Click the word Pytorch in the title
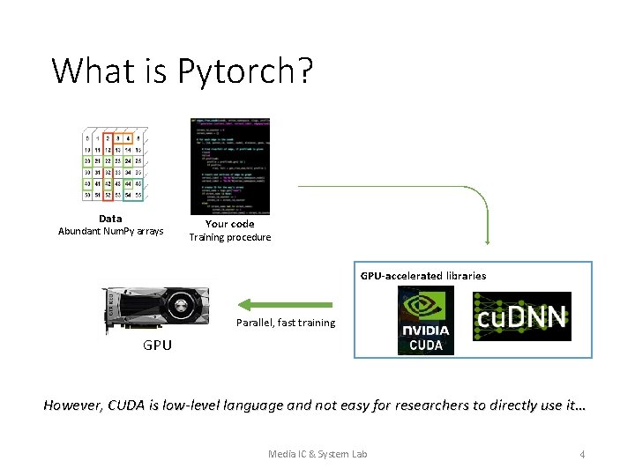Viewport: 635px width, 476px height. [x=245, y=71]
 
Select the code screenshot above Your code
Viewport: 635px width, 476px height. [x=229, y=166]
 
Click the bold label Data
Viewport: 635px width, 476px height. [x=110, y=219]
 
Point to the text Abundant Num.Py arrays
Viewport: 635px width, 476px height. [x=110, y=232]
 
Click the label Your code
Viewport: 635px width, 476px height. [x=229, y=224]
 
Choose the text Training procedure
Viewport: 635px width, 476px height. [x=229, y=237]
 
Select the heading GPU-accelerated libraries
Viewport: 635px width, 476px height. [x=422, y=276]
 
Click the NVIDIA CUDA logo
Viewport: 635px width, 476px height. [x=425, y=320]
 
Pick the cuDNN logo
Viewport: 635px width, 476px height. [x=521, y=316]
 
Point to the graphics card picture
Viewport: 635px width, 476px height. [x=156, y=309]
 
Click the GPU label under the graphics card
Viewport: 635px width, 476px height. [x=158, y=346]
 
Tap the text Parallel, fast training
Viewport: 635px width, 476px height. [x=285, y=323]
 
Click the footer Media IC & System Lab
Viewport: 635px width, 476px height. [x=317, y=454]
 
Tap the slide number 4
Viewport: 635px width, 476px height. [x=582, y=454]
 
